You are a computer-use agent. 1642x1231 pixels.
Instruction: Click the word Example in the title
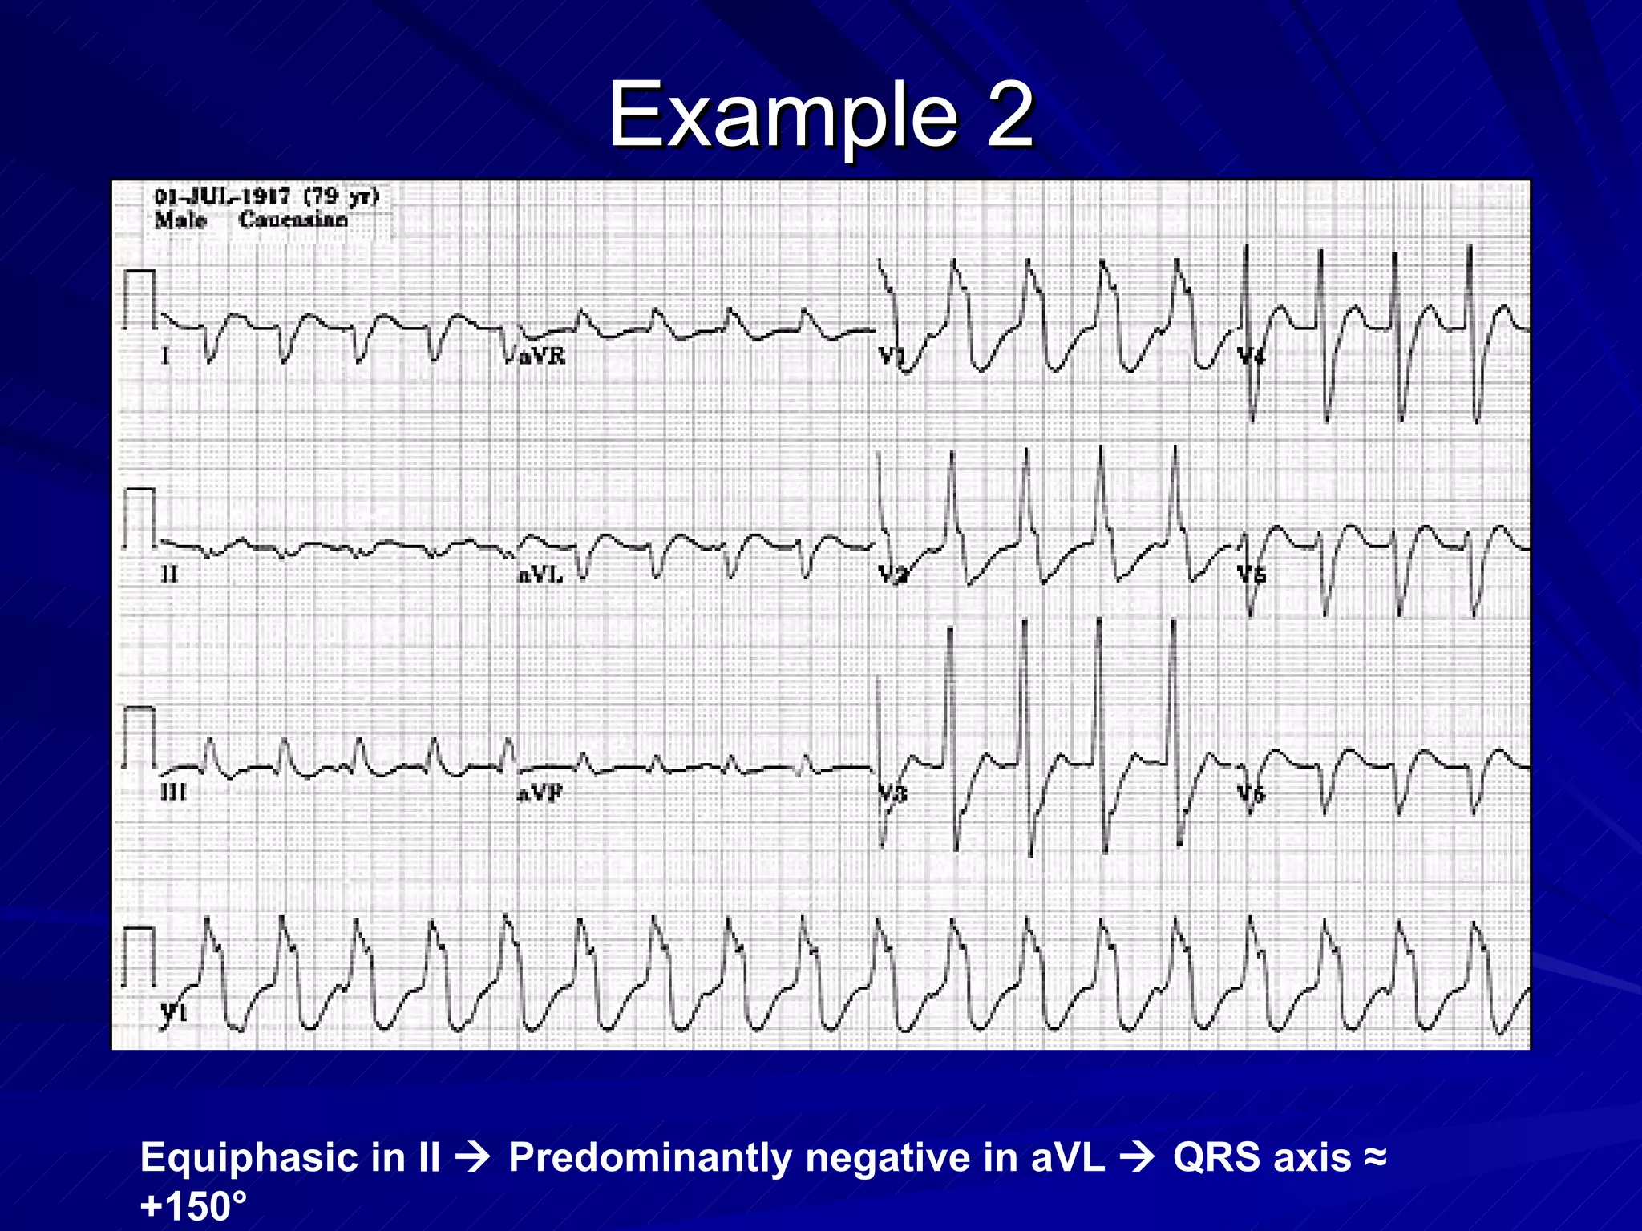click(783, 116)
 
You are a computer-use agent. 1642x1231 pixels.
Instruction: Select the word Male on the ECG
click(180, 220)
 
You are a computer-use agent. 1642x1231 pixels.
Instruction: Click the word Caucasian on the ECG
click(293, 220)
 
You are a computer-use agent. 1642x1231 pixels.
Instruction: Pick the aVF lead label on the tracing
click(540, 793)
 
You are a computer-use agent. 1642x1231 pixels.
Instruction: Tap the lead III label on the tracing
click(173, 793)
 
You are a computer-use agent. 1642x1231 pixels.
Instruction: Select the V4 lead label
click(1251, 356)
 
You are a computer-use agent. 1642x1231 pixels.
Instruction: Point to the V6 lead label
click(1251, 793)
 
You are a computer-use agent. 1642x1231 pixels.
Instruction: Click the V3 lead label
click(892, 793)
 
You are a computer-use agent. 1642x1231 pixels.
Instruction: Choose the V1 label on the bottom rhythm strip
click(174, 1012)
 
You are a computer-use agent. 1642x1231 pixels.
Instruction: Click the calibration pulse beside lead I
click(140, 299)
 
